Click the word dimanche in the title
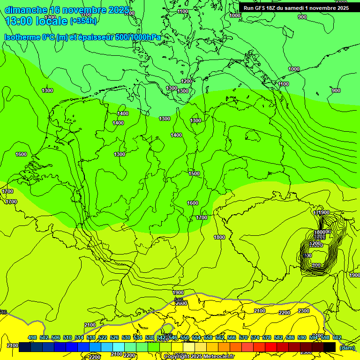(26, 10)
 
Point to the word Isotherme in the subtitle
(22, 37)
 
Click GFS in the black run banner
(263, 7)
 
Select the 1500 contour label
(194, 173)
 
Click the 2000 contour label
(181, 303)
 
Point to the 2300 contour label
(304, 311)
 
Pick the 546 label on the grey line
(178, 300)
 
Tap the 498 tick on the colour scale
(32, 337)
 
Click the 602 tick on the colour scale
(337, 337)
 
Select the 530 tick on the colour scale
(126, 337)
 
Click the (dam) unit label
(347, 347)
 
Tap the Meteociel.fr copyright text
(199, 356)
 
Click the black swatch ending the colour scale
(330, 347)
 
